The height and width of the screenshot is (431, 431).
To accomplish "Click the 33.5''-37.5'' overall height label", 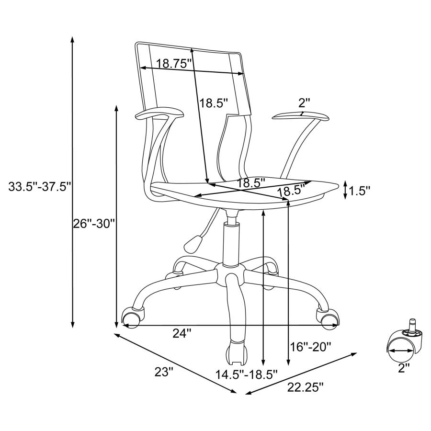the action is point(40,187).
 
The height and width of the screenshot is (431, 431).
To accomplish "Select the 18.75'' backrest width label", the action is point(173,64).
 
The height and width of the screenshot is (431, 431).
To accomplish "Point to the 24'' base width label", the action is point(181,333).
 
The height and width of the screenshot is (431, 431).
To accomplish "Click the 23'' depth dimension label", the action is point(164,372).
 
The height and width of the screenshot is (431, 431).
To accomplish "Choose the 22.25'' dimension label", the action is point(305,387).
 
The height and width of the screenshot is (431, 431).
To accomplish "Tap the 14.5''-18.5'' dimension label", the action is point(246,374).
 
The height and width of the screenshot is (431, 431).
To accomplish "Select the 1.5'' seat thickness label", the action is point(360,191).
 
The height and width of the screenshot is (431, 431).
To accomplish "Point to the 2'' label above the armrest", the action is point(304,103).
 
